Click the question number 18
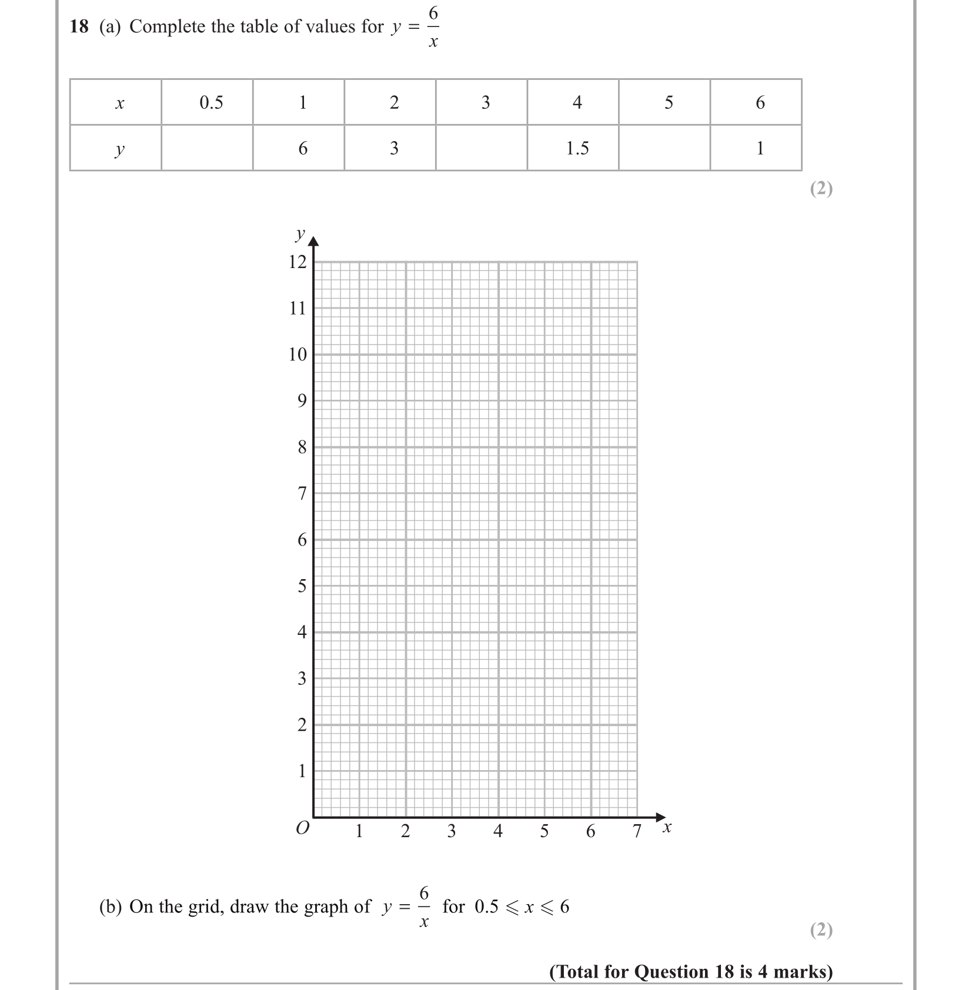pyautogui.click(x=79, y=26)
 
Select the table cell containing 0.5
pyautogui.click(x=211, y=103)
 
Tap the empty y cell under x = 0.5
pyautogui.click(x=207, y=148)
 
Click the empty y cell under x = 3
pyautogui.click(x=482, y=148)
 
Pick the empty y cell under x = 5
pyautogui.click(x=664, y=148)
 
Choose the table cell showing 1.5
pyautogui.click(x=577, y=148)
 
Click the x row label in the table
pyautogui.click(x=119, y=104)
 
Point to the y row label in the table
pyautogui.click(x=119, y=149)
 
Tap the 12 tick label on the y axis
pyautogui.click(x=298, y=262)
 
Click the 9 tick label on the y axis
pyautogui.click(x=302, y=401)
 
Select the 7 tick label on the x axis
pyautogui.click(x=637, y=831)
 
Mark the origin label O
pyautogui.click(x=302, y=828)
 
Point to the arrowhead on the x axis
pyautogui.click(x=660, y=817)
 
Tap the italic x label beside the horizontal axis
pyautogui.click(x=667, y=828)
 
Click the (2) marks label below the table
pyautogui.click(x=821, y=188)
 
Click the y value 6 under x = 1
pyautogui.click(x=303, y=148)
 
